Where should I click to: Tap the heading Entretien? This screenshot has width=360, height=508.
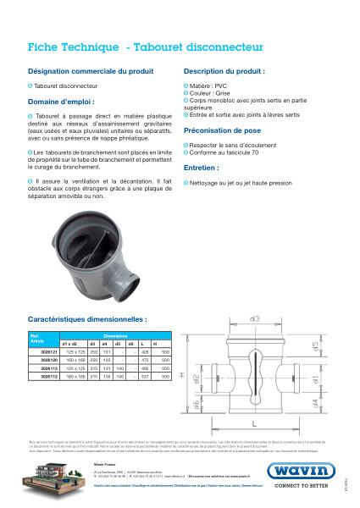point(202,168)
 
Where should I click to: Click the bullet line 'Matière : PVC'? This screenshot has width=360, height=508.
point(208,86)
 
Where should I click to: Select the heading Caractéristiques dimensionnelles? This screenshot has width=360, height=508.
point(87,321)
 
